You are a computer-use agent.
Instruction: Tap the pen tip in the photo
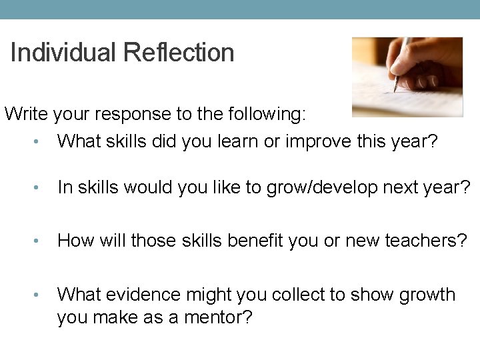coord(395,89)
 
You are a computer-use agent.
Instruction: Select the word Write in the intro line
coord(25,114)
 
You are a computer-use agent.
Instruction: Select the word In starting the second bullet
coord(65,189)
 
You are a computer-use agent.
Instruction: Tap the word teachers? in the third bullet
coord(426,241)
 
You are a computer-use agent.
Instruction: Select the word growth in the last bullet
coord(427,295)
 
